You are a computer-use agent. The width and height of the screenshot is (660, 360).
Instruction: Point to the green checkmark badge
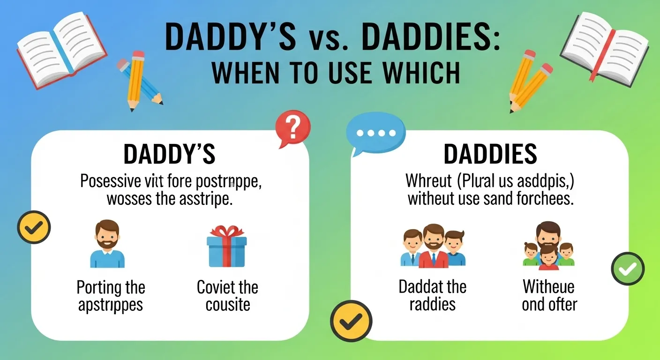pyautogui.click(x=628, y=269)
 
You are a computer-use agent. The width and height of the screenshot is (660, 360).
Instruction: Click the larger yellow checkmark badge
pyautogui.click(x=351, y=321)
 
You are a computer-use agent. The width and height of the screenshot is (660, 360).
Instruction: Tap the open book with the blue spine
pyautogui.click(x=61, y=49)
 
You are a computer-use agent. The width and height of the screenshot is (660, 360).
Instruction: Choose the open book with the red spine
pyautogui.click(x=605, y=47)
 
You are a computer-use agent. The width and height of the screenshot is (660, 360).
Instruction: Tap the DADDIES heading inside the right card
pyautogui.click(x=490, y=154)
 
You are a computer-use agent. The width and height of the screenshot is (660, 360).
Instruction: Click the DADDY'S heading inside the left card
pyautogui.click(x=169, y=154)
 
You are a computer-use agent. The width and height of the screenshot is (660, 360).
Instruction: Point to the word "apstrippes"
pyautogui.click(x=111, y=305)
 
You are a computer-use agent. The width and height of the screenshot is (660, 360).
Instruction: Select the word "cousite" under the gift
pyautogui.click(x=227, y=305)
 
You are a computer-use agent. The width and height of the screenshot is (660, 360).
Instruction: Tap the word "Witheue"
pyautogui.click(x=548, y=286)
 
